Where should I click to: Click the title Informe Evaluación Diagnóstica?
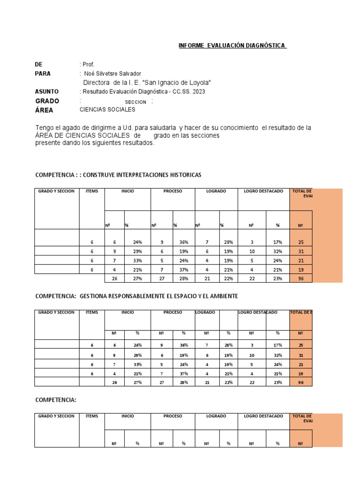232,45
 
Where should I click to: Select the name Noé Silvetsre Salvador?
112,74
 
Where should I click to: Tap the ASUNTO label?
47,91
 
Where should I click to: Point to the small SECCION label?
135,102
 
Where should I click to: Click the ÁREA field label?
44,110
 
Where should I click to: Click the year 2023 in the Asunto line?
198,92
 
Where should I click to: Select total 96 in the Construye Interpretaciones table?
300,278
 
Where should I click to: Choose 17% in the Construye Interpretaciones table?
277,242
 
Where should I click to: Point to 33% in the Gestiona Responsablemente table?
137,365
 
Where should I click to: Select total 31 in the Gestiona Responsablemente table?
300,355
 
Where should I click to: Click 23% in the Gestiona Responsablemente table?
277,382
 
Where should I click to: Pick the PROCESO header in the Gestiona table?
172,312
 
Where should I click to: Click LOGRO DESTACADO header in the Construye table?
263,191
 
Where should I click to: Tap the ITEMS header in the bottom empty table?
92,416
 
